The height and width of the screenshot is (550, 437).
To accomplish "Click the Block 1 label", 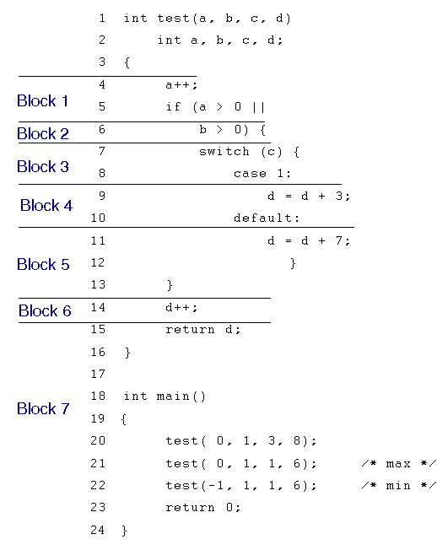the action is pyautogui.click(x=42, y=101).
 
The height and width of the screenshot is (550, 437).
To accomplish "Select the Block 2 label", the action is pyautogui.click(x=43, y=133).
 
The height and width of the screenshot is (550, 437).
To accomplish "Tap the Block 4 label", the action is pyautogui.click(x=46, y=205).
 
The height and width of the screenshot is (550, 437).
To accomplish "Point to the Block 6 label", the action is pyautogui.click(x=45, y=310).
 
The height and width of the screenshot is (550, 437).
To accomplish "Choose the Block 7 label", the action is pyautogui.click(x=43, y=408).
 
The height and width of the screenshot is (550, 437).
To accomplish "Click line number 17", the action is pyautogui.click(x=98, y=374).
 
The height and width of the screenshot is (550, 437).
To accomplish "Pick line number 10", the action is pyautogui.click(x=98, y=218).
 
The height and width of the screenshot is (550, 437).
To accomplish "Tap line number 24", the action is pyautogui.click(x=98, y=530).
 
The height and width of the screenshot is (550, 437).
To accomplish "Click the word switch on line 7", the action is pyautogui.click(x=224, y=152).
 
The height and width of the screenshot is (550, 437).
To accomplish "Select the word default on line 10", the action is pyautogui.click(x=263, y=218).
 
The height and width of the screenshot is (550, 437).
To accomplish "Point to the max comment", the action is pyautogui.click(x=399, y=464).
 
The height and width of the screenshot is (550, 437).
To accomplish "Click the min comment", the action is pyautogui.click(x=399, y=486).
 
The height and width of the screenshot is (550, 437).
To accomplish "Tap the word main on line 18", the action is pyautogui.click(x=173, y=396).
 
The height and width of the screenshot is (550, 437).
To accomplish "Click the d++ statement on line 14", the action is pyautogui.click(x=181, y=308).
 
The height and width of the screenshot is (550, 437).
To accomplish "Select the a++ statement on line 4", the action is pyautogui.click(x=181, y=85).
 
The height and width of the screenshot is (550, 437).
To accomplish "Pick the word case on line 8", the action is pyautogui.click(x=250, y=174).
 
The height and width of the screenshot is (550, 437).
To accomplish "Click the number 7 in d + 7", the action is pyautogui.click(x=339, y=240).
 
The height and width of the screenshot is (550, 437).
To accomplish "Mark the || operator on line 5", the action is pyautogui.click(x=258, y=107).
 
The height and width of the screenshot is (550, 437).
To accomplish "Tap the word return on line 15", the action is pyautogui.click(x=190, y=330).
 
